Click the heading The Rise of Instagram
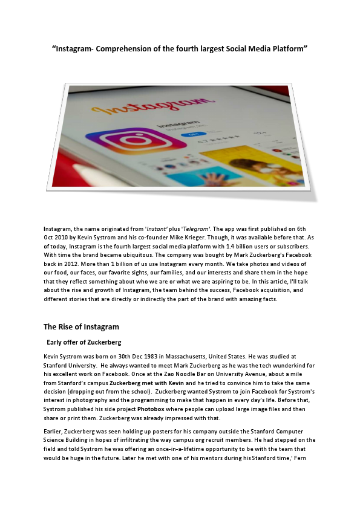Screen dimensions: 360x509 [x=81, y=327]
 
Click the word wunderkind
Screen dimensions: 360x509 [x=268, y=366]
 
